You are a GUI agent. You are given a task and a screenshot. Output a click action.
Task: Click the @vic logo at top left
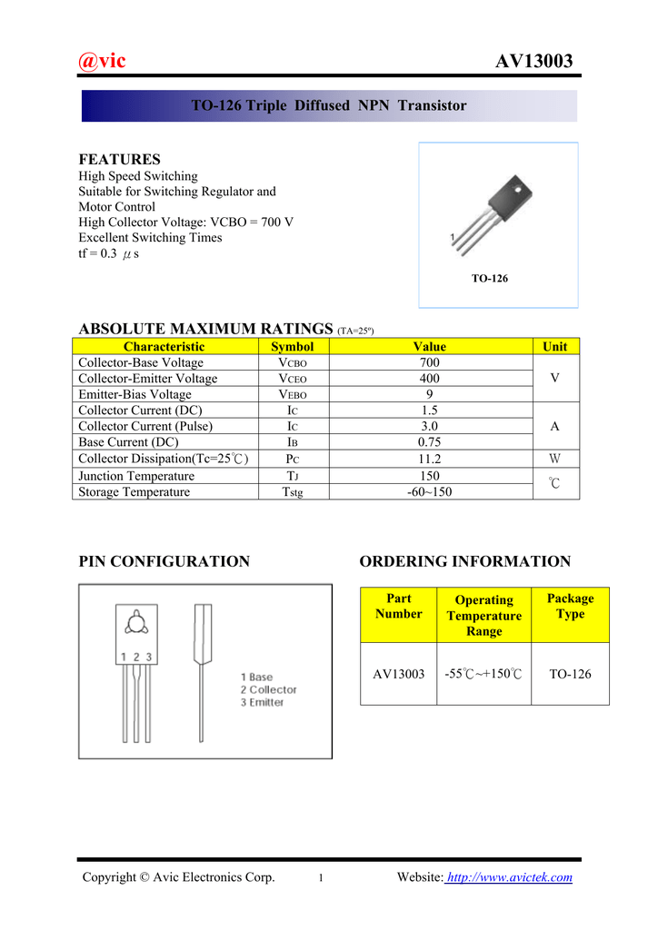[x=102, y=61]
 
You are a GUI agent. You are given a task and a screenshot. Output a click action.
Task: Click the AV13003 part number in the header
[x=534, y=62]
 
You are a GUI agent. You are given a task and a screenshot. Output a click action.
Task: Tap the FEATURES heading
[x=120, y=159]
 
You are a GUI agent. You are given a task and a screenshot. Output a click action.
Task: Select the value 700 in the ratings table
[x=430, y=362]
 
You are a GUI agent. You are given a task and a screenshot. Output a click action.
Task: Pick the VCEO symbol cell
[x=293, y=379]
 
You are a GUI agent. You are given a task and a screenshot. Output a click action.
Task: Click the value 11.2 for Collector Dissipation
[x=430, y=459]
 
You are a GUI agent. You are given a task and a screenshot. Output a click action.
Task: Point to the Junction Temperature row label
[x=136, y=476]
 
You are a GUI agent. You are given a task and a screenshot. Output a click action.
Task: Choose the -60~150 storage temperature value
[x=430, y=492]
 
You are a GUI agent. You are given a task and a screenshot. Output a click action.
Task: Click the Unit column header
[x=554, y=346]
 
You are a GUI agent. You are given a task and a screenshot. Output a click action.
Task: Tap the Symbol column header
[x=293, y=346]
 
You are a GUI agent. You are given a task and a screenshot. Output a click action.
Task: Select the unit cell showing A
[x=554, y=426]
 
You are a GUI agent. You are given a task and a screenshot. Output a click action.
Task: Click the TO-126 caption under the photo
[x=490, y=278]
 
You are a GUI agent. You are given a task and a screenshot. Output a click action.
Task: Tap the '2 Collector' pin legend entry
[x=269, y=690]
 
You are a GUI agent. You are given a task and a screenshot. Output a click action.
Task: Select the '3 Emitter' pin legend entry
[x=263, y=703]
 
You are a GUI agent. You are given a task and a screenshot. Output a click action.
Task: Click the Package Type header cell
[x=570, y=606]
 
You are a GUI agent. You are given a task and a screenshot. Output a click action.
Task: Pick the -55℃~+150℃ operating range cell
[x=484, y=674]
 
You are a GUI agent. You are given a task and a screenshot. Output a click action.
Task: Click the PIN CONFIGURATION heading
[x=164, y=561]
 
